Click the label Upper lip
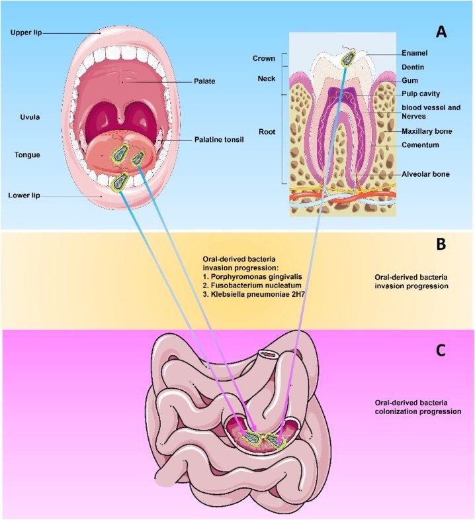tap(26, 32)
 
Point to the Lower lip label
tap(26, 196)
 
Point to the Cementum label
tap(420, 144)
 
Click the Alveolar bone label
tap(425, 174)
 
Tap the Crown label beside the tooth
tap(263, 58)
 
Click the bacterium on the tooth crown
tap(347, 58)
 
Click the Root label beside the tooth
tap(267, 132)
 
